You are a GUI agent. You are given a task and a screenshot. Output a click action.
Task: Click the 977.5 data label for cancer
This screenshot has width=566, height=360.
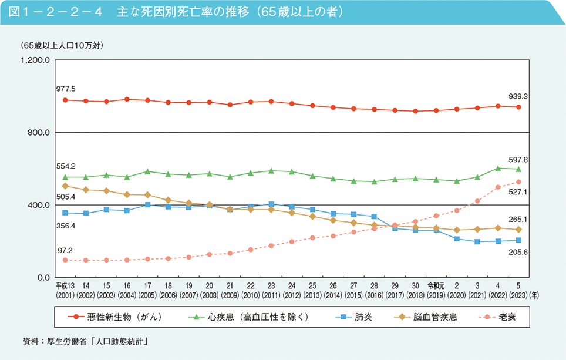click(66, 89)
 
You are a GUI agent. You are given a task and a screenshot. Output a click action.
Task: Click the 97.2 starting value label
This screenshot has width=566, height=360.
click(65, 250)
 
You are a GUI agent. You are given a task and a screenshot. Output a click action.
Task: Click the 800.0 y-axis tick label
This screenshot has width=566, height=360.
click(40, 133)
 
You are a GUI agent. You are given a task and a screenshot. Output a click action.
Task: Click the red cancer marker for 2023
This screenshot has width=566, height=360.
click(518, 107)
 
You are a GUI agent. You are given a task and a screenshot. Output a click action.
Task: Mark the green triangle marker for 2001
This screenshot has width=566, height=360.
click(65, 177)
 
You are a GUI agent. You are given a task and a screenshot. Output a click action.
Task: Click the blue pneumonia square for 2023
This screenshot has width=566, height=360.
click(518, 240)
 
